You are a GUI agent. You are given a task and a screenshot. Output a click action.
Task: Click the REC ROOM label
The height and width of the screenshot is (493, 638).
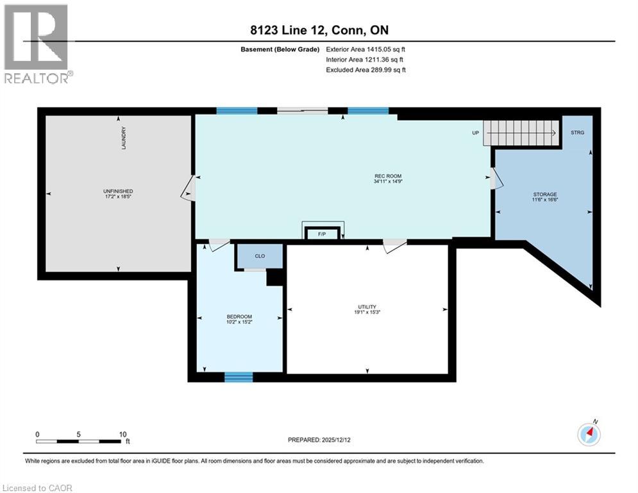pos(388,176)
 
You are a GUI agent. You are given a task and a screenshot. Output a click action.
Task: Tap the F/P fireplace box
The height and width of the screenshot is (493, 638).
pos(322,234)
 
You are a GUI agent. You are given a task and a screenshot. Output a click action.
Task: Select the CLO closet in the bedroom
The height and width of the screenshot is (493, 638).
pos(260,256)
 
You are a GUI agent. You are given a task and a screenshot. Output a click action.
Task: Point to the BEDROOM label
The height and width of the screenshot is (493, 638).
pos(239,316)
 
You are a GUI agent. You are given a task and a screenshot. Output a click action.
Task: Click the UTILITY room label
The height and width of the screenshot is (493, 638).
pos(367,307)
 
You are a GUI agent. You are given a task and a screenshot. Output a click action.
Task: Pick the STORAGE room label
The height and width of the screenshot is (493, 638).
pos(545,195)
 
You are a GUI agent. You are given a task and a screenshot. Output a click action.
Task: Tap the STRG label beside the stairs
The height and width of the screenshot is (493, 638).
pos(577,132)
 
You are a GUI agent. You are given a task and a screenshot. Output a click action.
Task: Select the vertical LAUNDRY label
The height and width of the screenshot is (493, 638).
pos(124,138)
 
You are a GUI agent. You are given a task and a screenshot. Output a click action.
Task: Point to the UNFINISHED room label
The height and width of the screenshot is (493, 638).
pos(118,191)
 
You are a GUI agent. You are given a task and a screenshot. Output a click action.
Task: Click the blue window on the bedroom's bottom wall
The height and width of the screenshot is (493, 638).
pos(239,377)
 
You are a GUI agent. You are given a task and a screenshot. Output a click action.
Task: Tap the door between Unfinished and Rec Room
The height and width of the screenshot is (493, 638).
pos(189,188)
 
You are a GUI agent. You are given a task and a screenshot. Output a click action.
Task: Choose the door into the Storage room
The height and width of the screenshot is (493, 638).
pos(496,178)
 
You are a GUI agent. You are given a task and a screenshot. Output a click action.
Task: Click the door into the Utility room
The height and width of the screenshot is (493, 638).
pos(395,245)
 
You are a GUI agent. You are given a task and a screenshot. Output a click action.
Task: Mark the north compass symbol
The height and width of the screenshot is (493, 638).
pos(589,435)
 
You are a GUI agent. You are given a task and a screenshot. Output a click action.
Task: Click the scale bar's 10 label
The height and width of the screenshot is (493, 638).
pos(123,435)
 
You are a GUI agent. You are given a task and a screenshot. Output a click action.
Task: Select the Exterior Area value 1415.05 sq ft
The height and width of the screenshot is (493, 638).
pos(386,49)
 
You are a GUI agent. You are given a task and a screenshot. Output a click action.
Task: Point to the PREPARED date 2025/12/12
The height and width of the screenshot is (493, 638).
pos(336,440)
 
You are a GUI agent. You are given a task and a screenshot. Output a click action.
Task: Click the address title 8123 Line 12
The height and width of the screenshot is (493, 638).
pos(289,30)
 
